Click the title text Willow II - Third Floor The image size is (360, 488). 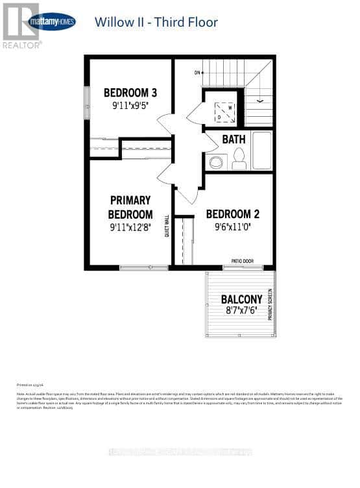[x=156, y=22]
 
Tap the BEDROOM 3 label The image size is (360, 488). [x=130, y=91]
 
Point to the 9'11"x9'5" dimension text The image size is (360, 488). [x=130, y=105]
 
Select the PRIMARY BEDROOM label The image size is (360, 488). [x=130, y=207]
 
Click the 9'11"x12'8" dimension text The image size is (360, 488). [x=130, y=228]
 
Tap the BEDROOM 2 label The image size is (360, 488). [x=233, y=213]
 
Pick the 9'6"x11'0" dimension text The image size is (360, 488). [x=233, y=228]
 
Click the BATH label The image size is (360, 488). [x=234, y=139]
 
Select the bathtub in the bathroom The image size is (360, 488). [x=262, y=151]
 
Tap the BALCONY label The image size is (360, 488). [x=241, y=299]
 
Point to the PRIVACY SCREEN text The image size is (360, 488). [x=270, y=304]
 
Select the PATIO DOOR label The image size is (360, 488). [x=243, y=261]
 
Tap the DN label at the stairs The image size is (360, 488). [x=197, y=73]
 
